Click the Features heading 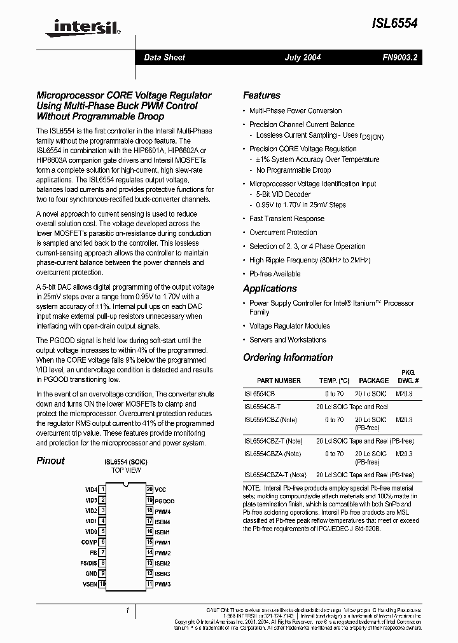point(261,95)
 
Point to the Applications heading point(270,288)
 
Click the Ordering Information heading point(288,357)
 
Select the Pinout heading point(50,461)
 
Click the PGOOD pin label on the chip point(164,501)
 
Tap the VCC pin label point(160,490)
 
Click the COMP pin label point(89,542)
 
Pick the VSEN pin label point(90,583)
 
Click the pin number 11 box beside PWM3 point(149,583)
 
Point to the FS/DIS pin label point(88,563)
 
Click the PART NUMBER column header point(279,381)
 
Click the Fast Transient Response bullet point(286,219)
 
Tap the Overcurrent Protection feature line point(283,233)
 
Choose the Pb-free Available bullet point(275,274)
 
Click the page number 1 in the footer point(127,611)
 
